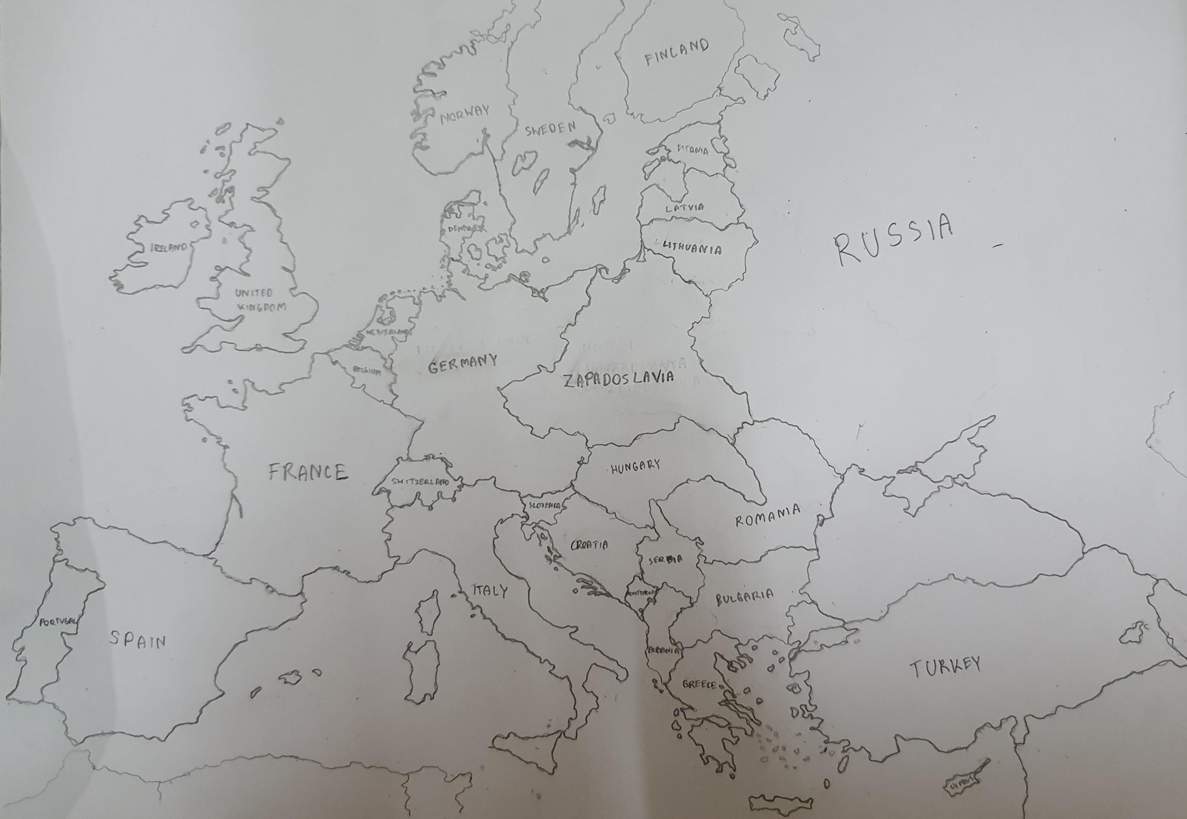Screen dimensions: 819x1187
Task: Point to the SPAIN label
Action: [138, 639]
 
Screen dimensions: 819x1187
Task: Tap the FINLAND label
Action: [676, 52]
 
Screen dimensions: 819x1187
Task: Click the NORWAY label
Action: [465, 115]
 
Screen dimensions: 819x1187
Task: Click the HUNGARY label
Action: [635, 466]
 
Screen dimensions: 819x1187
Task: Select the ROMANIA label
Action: [768, 516]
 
